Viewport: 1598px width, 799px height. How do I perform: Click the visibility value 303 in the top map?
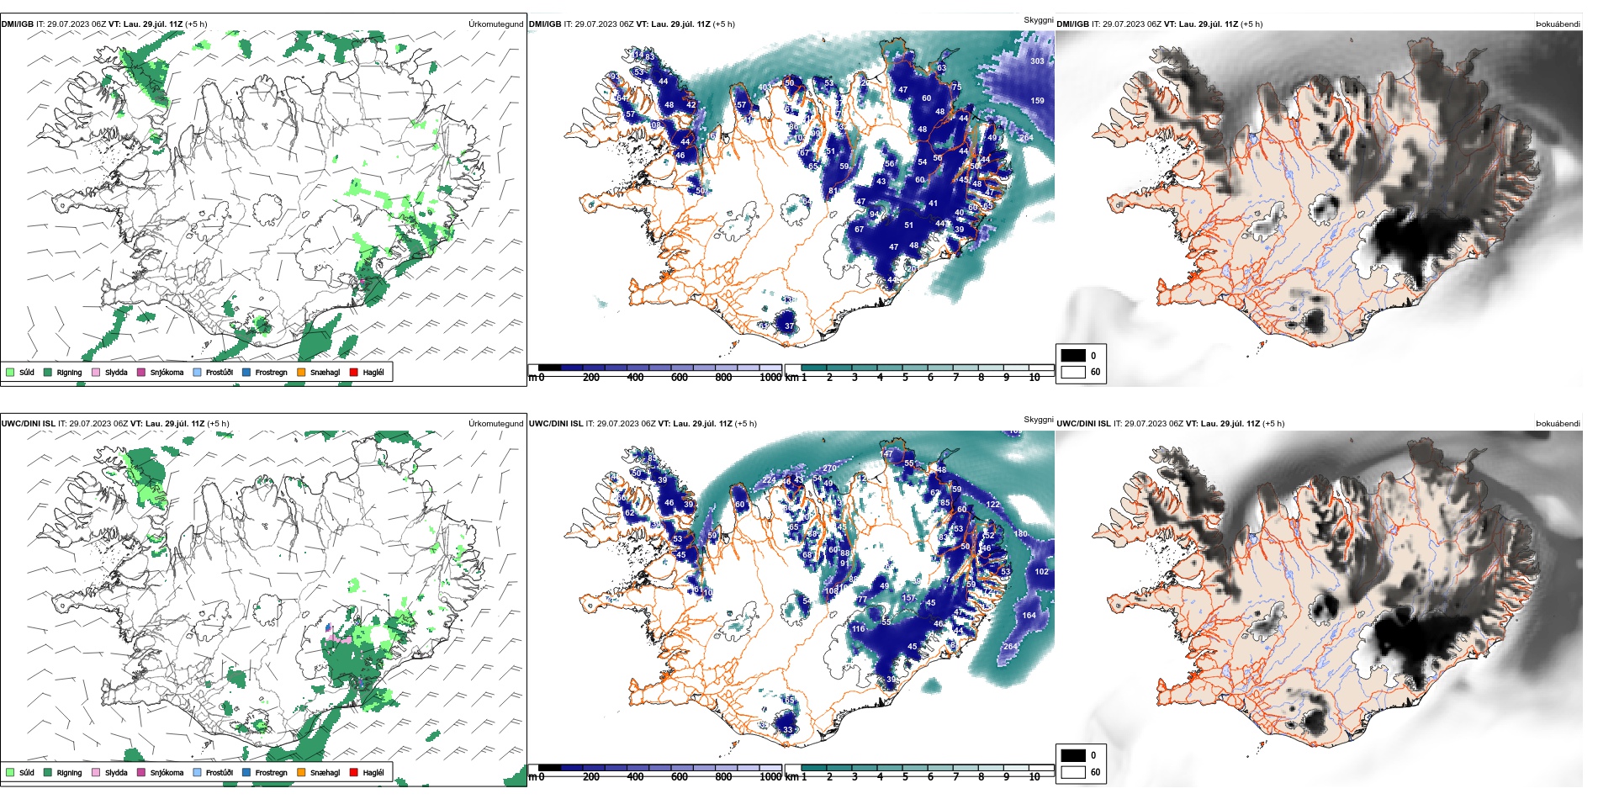(x=1037, y=61)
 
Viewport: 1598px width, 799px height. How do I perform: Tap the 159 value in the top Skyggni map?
(x=1037, y=101)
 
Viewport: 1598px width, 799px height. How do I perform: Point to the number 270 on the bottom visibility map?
(x=829, y=468)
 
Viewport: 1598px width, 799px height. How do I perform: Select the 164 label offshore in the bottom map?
(x=1029, y=616)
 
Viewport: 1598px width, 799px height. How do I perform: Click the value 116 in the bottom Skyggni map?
(x=858, y=629)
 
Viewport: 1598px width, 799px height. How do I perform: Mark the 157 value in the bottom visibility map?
(x=908, y=598)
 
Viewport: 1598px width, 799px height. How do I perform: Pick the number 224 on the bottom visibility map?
(x=769, y=480)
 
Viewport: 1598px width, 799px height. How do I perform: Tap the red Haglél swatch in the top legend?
(x=354, y=372)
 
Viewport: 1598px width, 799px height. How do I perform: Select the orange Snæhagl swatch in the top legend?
(x=301, y=372)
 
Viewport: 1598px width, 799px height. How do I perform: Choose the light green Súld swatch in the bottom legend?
(x=10, y=772)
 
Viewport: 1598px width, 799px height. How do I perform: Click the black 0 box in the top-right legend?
(x=1073, y=356)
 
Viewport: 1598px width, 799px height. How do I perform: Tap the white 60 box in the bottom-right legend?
(x=1073, y=772)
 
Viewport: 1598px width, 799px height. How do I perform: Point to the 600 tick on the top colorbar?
(x=680, y=378)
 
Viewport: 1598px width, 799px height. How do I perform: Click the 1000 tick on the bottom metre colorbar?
(x=770, y=777)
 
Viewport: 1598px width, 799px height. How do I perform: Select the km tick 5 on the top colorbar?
(x=905, y=378)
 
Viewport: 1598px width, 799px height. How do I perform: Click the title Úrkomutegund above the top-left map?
(x=495, y=24)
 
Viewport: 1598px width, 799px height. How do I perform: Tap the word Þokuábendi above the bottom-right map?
(x=1558, y=424)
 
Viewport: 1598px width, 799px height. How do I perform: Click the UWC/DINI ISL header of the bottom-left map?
(x=29, y=424)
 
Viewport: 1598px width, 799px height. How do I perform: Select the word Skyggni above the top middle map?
(x=1038, y=20)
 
